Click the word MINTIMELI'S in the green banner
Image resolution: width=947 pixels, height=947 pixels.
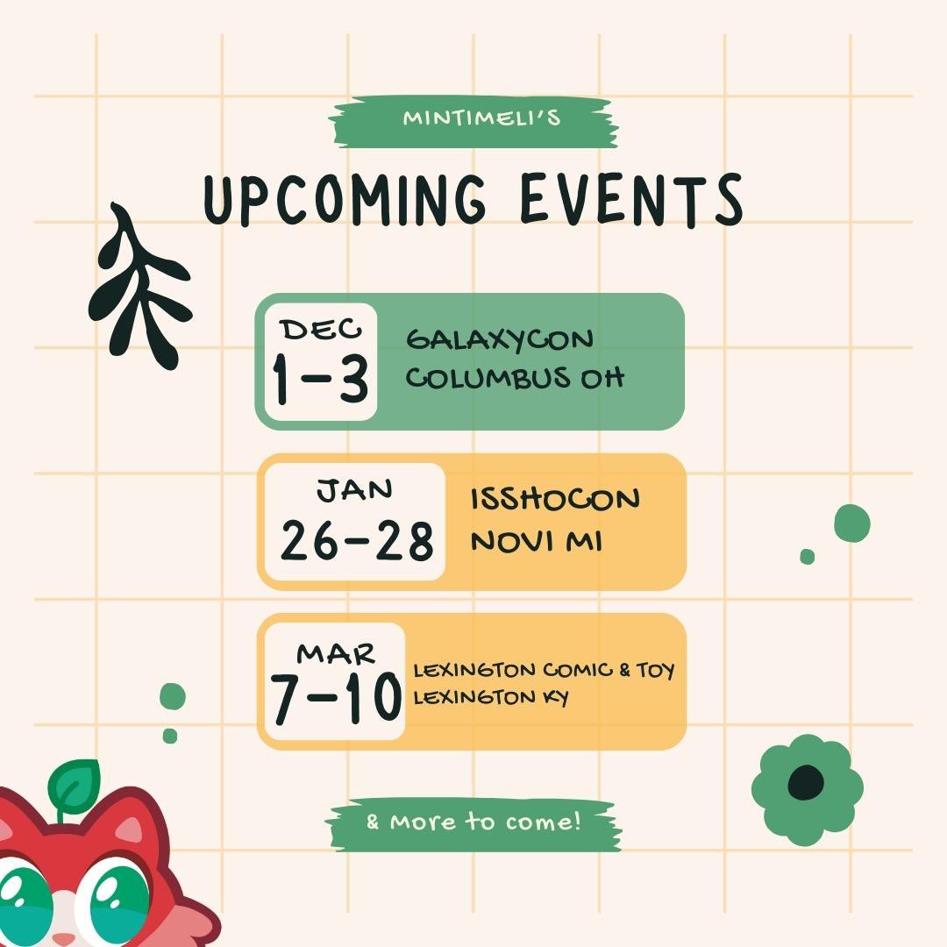(481, 117)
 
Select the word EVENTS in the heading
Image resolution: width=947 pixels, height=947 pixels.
(630, 199)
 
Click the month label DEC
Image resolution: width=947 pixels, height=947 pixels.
(320, 330)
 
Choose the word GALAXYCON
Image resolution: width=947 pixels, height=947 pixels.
(500, 338)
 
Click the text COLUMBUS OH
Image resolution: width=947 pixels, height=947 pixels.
(516, 378)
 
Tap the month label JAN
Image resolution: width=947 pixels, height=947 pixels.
(354, 490)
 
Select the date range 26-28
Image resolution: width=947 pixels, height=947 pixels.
(357, 541)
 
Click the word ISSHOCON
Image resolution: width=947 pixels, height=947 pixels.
(555, 499)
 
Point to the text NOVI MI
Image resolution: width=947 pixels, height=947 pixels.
(536, 540)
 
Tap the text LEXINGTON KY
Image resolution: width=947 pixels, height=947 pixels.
(491, 698)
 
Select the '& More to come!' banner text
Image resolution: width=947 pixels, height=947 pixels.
(473, 822)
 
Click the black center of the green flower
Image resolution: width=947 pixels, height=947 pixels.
(806, 782)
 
